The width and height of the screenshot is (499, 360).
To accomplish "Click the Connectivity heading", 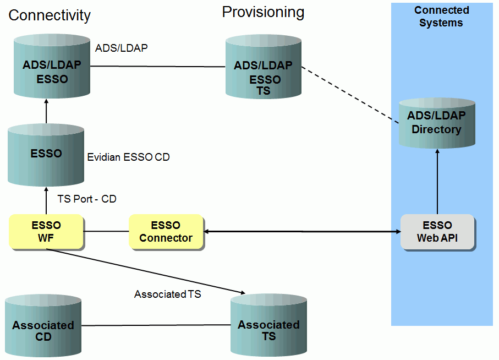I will point(49,15).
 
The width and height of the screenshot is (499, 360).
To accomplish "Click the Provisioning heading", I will point(263,12).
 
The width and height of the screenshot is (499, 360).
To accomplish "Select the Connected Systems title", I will point(441,17).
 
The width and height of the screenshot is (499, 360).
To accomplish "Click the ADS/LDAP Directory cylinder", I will point(436,123).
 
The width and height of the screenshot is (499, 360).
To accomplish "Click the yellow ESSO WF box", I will point(46,232).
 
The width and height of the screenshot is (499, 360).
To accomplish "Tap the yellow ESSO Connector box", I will point(166,232).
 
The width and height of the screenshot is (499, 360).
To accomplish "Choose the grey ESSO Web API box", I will point(437,232).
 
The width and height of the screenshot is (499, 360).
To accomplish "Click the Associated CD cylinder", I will point(43,327).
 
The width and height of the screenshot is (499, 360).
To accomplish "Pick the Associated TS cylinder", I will point(268,327).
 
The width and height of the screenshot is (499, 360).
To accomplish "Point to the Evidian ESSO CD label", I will point(129,157).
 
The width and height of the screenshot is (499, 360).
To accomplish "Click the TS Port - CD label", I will point(87,199).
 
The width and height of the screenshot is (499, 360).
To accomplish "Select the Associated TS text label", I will point(167,294).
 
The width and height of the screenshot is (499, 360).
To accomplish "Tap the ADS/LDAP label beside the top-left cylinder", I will point(121,48).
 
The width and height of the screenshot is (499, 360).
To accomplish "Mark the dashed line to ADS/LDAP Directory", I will point(350,95).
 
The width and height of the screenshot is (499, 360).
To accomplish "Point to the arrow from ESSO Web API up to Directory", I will point(437,182).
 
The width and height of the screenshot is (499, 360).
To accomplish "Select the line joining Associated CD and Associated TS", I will point(156,325).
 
